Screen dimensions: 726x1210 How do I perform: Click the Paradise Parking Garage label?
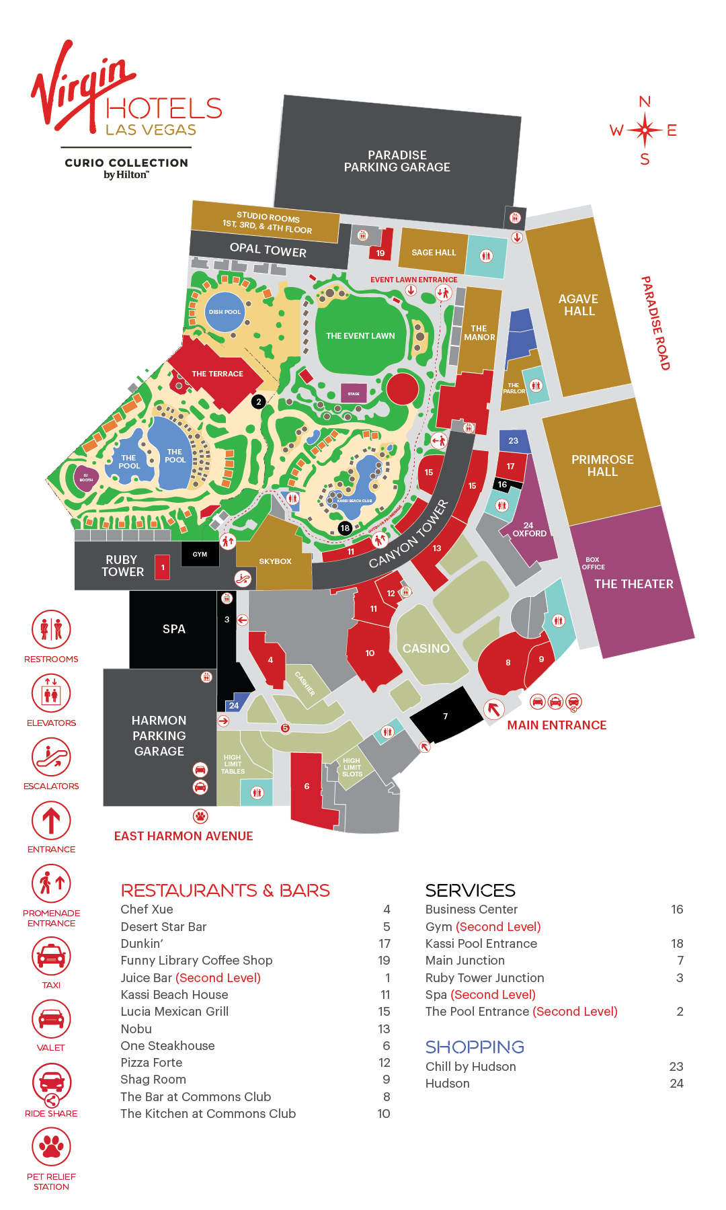pyautogui.click(x=397, y=161)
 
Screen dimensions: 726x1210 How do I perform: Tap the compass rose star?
pyautogui.click(x=645, y=130)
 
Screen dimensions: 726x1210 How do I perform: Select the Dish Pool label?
pyautogui.click(x=225, y=312)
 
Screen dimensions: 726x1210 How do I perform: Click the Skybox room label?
pyautogui.click(x=275, y=561)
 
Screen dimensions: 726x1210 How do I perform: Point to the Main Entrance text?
pyautogui.click(x=557, y=725)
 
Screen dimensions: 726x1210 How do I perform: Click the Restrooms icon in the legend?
pyautogui.click(x=51, y=630)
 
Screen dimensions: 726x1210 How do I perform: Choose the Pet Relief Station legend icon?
pyautogui.click(x=51, y=1147)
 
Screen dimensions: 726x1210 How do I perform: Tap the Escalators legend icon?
pyautogui.click(x=51, y=757)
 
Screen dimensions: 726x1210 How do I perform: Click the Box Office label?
pyautogui.click(x=593, y=563)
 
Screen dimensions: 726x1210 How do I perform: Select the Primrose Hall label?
pyautogui.click(x=602, y=466)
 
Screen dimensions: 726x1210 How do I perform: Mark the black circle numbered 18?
pyautogui.click(x=345, y=528)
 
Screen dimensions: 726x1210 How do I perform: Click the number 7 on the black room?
pyautogui.click(x=445, y=717)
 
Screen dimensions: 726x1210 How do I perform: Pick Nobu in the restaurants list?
pyautogui.click(x=136, y=1029)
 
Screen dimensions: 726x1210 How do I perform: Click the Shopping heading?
pyautogui.click(x=475, y=1047)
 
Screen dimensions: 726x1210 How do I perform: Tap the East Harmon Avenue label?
pyautogui.click(x=184, y=836)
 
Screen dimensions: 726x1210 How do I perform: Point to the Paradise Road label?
pyautogui.click(x=655, y=323)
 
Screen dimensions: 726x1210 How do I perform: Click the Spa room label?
pyautogui.click(x=173, y=629)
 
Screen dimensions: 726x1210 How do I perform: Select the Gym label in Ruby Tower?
pyautogui.click(x=200, y=555)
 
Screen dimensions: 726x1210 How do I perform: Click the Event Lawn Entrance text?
pyautogui.click(x=413, y=280)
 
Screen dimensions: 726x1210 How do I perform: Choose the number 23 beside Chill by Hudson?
pyautogui.click(x=676, y=1067)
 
